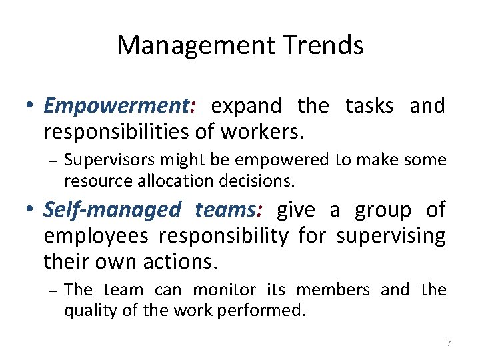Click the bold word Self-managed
coord(112,211)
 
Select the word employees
coord(96,236)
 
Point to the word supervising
coord(391,236)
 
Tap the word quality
coord(85,309)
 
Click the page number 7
coord(449,343)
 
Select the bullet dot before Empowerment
coord(31,106)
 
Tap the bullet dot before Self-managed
coord(31,211)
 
